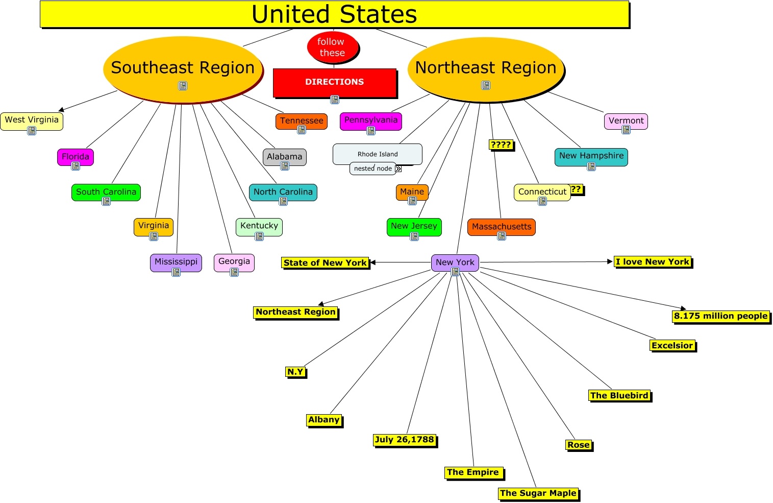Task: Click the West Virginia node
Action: pos(32,121)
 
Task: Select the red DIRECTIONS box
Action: pos(335,82)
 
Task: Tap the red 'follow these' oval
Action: pos(333,47)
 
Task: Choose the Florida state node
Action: pos(76,157)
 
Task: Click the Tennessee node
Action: pos(302,121)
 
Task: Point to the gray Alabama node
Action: pos(285,157)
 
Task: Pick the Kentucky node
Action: pos(259,226)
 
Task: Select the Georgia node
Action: pos(234,262)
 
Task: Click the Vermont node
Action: pos(626,121)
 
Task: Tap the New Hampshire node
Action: pos(591,156)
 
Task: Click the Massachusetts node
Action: pos(502,227)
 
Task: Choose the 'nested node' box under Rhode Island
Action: pos(373,169)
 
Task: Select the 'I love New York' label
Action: pos(653,262)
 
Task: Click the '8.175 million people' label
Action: pos(720,316)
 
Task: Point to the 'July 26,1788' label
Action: pos(405,440)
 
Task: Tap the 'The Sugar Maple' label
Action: pos(538,493)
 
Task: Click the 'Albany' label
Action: pos(324,420)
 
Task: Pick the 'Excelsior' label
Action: pos(672,346)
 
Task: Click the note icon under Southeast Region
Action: pos(183,86)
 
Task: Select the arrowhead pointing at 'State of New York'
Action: pos(373,262)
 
